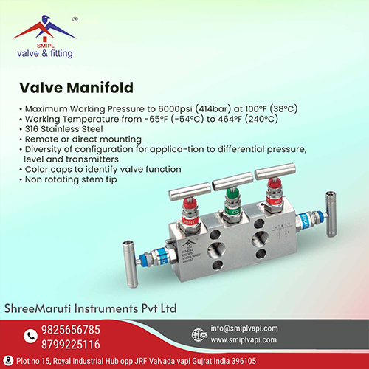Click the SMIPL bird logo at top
[44, 27]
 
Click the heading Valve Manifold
[77, 88]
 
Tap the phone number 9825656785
[71, 330]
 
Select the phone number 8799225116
[71, 345]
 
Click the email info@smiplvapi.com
[244, 328]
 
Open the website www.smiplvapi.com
[244, 340]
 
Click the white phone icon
[30, 336]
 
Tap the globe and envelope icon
[199, 335]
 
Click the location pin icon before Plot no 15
[9, 361]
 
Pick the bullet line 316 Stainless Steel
[64, 129]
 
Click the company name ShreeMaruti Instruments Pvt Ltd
[91, 308]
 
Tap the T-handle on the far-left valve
[130, 263]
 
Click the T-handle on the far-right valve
[331, 214]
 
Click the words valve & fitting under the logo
[45, 53]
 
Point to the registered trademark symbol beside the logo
[75, 19]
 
